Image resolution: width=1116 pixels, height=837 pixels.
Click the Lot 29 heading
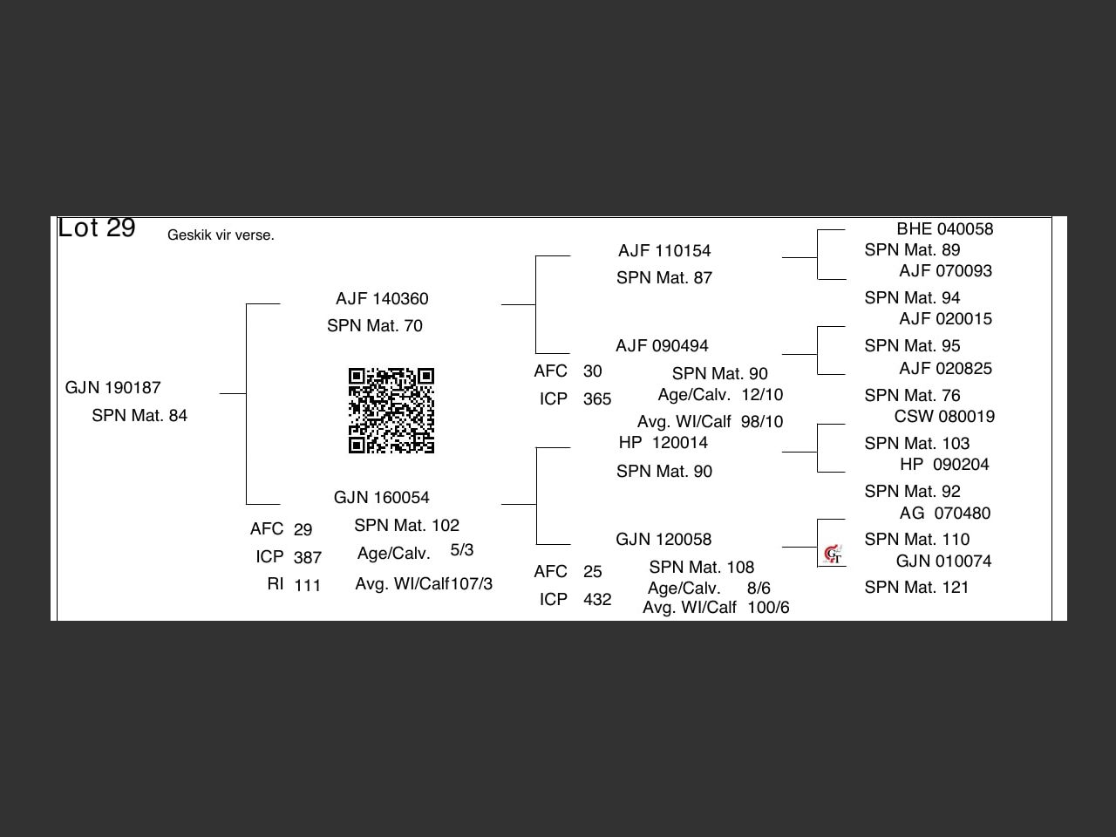(97, 228)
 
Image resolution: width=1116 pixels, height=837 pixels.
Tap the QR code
(391, 411)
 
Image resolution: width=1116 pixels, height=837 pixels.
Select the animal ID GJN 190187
(113, 388)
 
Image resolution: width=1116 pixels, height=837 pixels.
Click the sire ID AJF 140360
(382, 299)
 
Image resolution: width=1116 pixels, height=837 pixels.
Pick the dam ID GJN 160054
(382, 498)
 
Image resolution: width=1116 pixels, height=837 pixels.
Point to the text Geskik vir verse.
(221, 235)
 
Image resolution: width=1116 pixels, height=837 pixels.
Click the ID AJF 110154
(664, 251)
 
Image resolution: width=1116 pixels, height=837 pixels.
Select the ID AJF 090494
(662, 346)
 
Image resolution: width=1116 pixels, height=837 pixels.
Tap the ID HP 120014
(663, 443)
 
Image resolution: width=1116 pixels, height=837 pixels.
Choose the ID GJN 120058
(663, 540)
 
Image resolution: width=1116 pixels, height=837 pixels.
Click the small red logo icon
(833, 554)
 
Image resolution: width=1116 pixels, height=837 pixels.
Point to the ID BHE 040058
(945, 229)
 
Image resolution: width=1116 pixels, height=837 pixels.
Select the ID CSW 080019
(944, 417)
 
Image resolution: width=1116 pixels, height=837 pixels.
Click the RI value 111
(308, 586)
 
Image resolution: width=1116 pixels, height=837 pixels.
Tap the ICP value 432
(597, 600)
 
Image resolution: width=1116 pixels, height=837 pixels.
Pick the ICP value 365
(597, 399)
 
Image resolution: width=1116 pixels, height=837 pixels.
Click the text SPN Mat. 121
(916, 588)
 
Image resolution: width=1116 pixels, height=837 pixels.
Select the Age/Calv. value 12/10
(762, 395)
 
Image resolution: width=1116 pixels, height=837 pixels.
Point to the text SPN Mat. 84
(139, 416)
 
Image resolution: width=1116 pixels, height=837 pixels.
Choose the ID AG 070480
(945, 514)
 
